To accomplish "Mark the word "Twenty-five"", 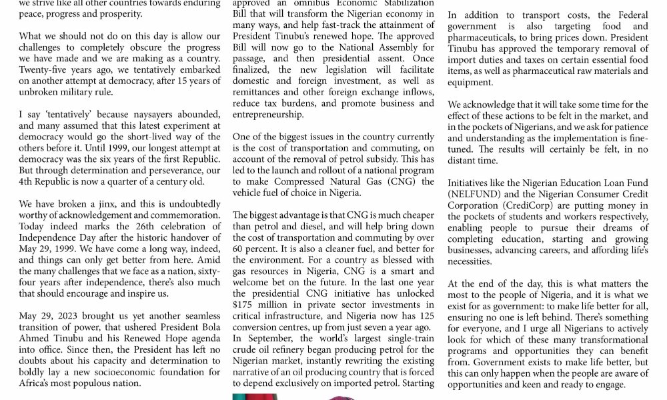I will [x=43, y=69].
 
